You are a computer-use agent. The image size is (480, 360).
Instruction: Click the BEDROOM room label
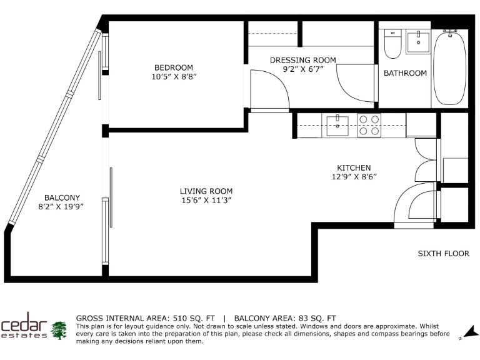pyautogui.click(x=174, y=67)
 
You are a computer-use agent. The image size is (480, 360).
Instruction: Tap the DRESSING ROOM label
pyautogui.click(x=302, y=60)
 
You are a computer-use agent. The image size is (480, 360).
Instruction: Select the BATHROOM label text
pyautogui.click(x=405, y=73)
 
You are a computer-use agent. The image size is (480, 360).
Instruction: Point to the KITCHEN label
pyautogui.click(x=354, y=167)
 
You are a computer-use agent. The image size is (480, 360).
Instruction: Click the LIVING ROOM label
pyautogui.click(x=206, y=191)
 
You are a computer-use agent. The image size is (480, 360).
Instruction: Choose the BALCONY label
pyautogui.click(x=62, y=197)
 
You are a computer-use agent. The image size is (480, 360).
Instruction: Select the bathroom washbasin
pyautogui.click(x=417, y=42)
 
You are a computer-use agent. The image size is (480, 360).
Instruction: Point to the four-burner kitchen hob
pyautogui.click(x=369, y=125)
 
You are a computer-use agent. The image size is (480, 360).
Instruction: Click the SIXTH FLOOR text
pyautogui.click(x=443, y=254)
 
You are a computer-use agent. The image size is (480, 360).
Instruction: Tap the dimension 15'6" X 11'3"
pyautogui.click(x=206, y=201)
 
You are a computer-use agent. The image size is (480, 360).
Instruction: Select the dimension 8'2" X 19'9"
pyautogui.click(x=62, y=206)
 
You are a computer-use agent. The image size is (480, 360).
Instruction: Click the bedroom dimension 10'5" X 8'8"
pyautogui.click(x=174, y=77)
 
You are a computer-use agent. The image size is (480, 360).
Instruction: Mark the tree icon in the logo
pyautogui.click(x=59, y=330)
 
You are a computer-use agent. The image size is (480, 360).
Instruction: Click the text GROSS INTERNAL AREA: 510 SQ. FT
pyautogui.click(x=146, y=318)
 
